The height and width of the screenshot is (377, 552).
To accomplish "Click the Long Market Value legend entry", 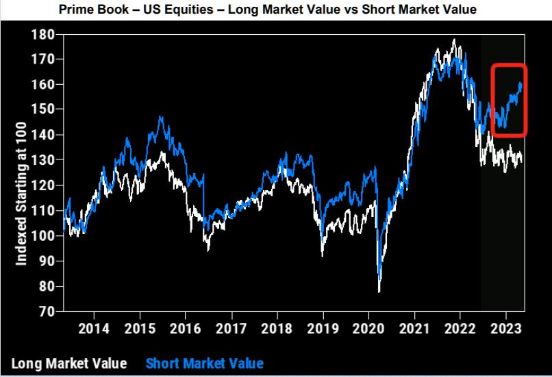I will [68, 363].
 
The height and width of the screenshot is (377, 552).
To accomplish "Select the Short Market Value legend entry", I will [205, 363].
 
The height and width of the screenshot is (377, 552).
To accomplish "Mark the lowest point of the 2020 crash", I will [379, 291].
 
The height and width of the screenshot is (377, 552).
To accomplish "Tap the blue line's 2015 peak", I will [160, 117].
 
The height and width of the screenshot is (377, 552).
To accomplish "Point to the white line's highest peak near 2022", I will [453, 40].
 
